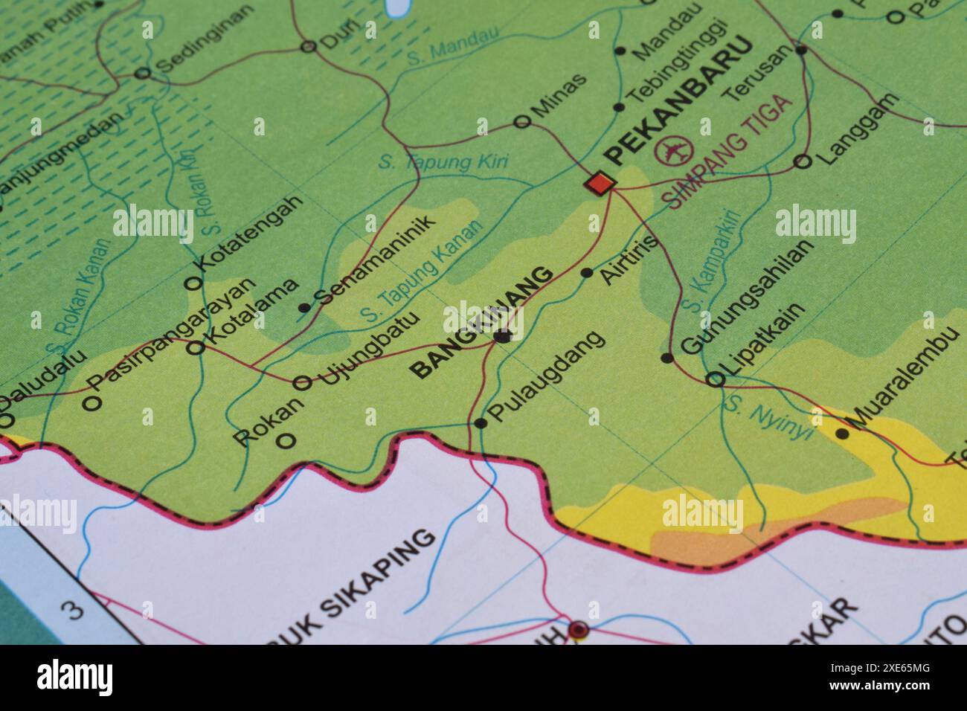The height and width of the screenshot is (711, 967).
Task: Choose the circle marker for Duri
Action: (308, 48)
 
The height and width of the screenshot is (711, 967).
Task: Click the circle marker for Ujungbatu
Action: (302, 383)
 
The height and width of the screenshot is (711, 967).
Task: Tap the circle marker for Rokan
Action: (285, 440)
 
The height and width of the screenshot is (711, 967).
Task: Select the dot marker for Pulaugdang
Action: (481, 423)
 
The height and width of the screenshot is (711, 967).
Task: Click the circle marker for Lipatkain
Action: (714, 379)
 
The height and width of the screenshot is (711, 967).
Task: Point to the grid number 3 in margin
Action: (74, 610)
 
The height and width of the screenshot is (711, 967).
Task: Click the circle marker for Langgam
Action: (802, 161)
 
